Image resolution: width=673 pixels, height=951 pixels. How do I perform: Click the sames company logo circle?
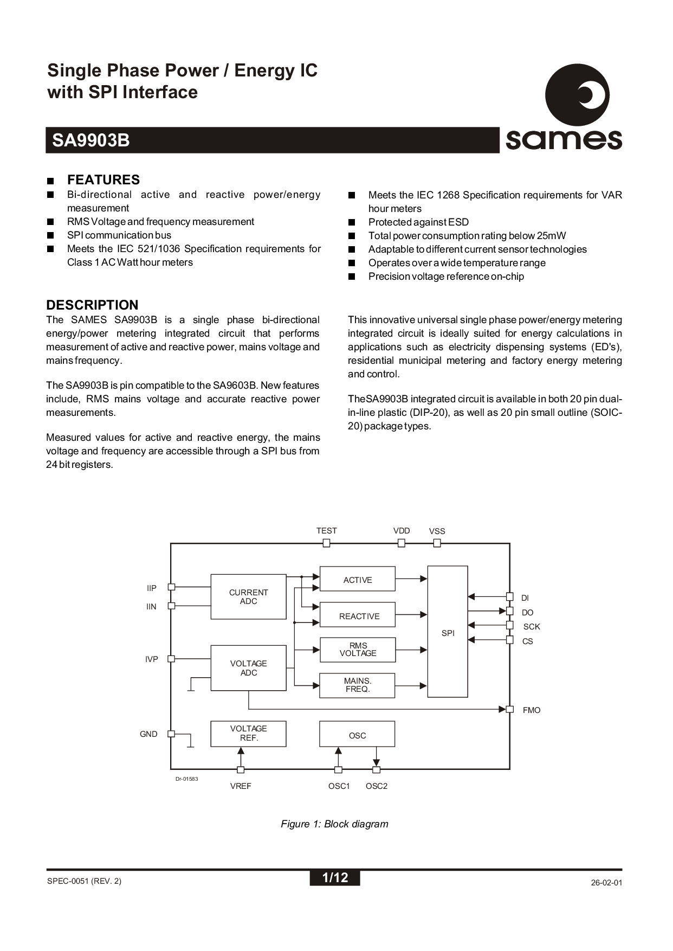[577, 95]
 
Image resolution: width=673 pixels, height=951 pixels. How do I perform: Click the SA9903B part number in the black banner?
[91, 140]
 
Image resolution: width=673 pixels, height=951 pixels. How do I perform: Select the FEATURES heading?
[103, 180]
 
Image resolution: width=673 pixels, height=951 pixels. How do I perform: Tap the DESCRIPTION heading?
[92, 305]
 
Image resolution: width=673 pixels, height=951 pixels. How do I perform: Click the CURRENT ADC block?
[248, 596]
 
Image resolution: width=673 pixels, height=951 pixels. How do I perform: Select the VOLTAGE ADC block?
[248, 668]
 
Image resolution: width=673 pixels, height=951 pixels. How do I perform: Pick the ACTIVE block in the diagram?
[358, 580]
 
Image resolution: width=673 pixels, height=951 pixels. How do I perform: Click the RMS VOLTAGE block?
[358, 650]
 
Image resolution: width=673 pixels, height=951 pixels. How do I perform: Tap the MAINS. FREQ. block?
[358, 685]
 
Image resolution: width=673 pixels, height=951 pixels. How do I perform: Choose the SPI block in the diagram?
[448, 633]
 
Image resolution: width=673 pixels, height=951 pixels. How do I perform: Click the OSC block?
[358, 735]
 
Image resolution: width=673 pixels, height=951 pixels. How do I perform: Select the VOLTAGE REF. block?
[248, 733]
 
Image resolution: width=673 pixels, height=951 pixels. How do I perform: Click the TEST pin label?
[326, 531]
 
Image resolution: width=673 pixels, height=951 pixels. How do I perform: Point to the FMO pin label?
[532, 710]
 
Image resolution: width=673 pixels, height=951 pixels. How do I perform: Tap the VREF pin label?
[241, 786]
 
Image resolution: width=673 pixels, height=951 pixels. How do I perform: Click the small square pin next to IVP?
[171, 659]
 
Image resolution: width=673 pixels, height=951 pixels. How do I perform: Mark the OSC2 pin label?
[377, 786]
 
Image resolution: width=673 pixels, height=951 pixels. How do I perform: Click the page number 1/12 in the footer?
[334, 877]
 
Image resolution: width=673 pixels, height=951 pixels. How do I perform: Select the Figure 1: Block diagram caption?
[334, 824]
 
